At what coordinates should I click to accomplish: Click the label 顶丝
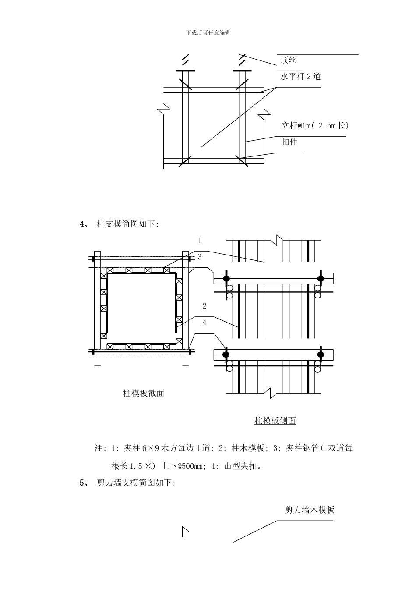(x=288, y=60)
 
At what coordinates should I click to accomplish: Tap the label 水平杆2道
(x=300, y=76)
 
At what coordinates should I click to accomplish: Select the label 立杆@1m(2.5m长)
(x=315, y=125)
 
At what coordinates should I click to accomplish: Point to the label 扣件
(x=289, y=142)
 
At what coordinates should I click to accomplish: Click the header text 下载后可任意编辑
(x=208, y=32)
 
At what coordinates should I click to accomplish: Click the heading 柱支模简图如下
(x=127, y=224)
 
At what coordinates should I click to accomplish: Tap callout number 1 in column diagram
(x=200, y=240)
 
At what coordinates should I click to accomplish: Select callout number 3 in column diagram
(x=200, y=257)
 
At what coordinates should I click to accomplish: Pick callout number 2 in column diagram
(x=204, y=306)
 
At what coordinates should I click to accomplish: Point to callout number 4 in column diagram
(x=204, y=323)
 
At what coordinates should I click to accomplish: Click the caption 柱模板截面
(x=144, y=393)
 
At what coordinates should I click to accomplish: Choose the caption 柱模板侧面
(x=275, y=421)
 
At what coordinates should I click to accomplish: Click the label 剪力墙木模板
(x=310, y=510)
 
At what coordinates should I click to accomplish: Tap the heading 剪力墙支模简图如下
(x=136, y=483)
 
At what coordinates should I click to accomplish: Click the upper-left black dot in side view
(x=226, y=278)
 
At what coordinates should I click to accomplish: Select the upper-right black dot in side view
(x=321, y=278)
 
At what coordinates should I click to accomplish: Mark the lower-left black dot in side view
(x=226, y=354)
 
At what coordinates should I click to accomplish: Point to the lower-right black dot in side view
(x=321, y=354)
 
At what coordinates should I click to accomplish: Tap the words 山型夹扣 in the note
(x=241, y=466)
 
